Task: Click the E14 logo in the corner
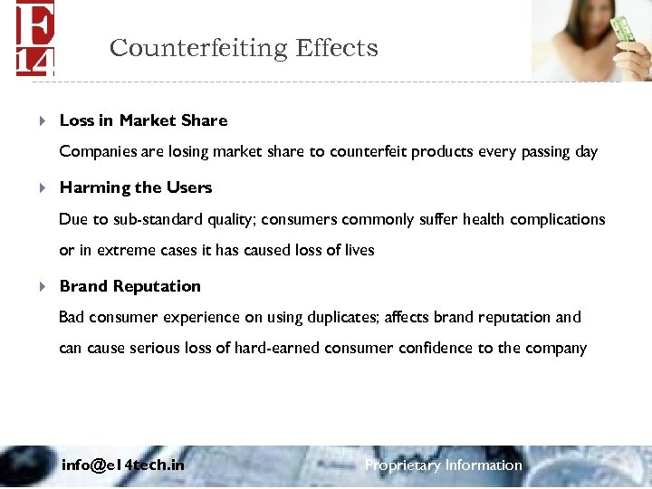tap(35, 37)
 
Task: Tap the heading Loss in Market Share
tap(143, 120)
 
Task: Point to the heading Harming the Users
tap(136, 187)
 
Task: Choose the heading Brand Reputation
tap(130, 286)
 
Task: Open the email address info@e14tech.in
tap(122, 465)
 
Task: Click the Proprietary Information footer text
tap(443, 465)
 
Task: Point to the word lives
tap(357, 250)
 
